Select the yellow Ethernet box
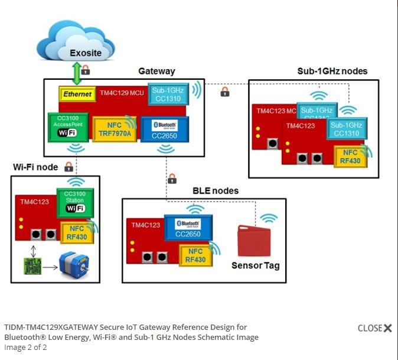coord(77,94)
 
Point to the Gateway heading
coord(156,71)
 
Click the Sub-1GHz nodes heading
coord(332,71)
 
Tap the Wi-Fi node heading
coord(35,167)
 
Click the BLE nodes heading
coord(216,191)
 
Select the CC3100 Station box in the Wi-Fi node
coord(75,202)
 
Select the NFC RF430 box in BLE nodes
coord(195,255)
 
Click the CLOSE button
coord(374,328)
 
